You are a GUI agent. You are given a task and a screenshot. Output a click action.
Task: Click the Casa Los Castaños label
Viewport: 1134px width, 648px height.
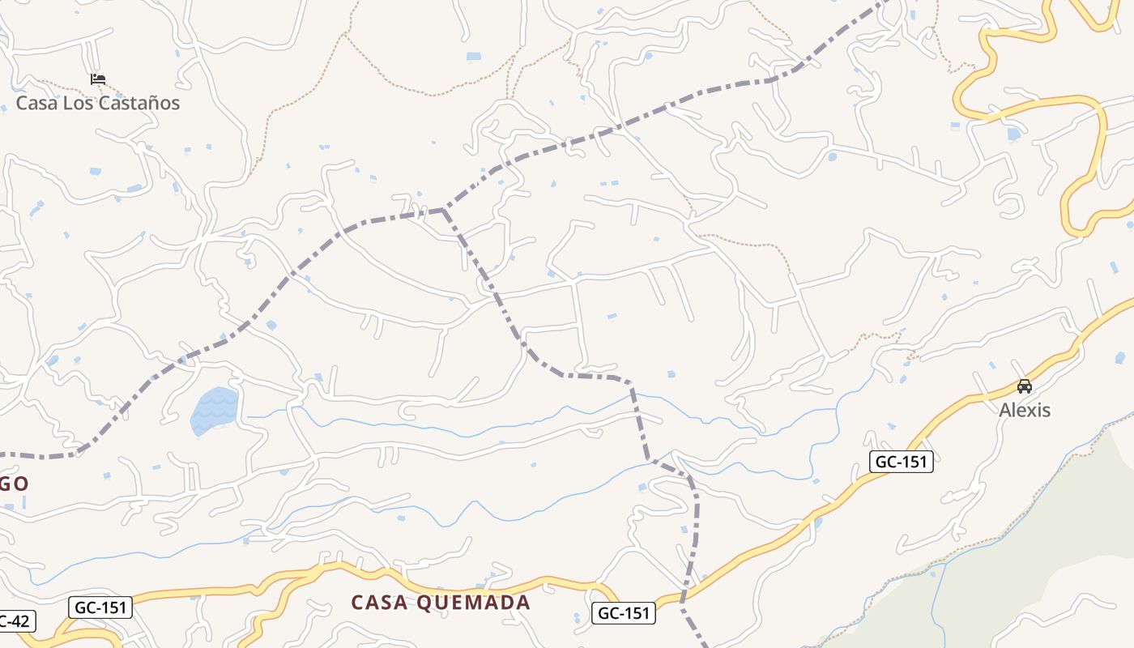point(98,103)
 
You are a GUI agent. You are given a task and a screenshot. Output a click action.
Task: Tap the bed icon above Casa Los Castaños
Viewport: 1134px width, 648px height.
point(98,79)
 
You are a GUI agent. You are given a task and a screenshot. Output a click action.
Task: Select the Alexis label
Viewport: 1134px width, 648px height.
point(1024,410)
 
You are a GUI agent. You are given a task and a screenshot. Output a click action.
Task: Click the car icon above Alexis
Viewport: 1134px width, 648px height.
point(1025,386)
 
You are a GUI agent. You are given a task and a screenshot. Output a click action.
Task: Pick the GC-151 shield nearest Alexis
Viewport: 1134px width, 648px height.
point(902,462)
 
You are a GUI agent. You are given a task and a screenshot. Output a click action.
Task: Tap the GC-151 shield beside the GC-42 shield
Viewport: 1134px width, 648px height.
point(100,607)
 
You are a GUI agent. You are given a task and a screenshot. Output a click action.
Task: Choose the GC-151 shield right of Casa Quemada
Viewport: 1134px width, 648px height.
point(622,613)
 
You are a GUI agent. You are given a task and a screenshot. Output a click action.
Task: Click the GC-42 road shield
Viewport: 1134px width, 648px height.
point(15,622)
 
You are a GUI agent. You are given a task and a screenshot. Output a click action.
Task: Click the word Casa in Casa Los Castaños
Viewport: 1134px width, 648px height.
point(36,103)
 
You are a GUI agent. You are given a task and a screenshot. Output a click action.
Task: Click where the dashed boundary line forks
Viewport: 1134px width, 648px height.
point(443,210)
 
